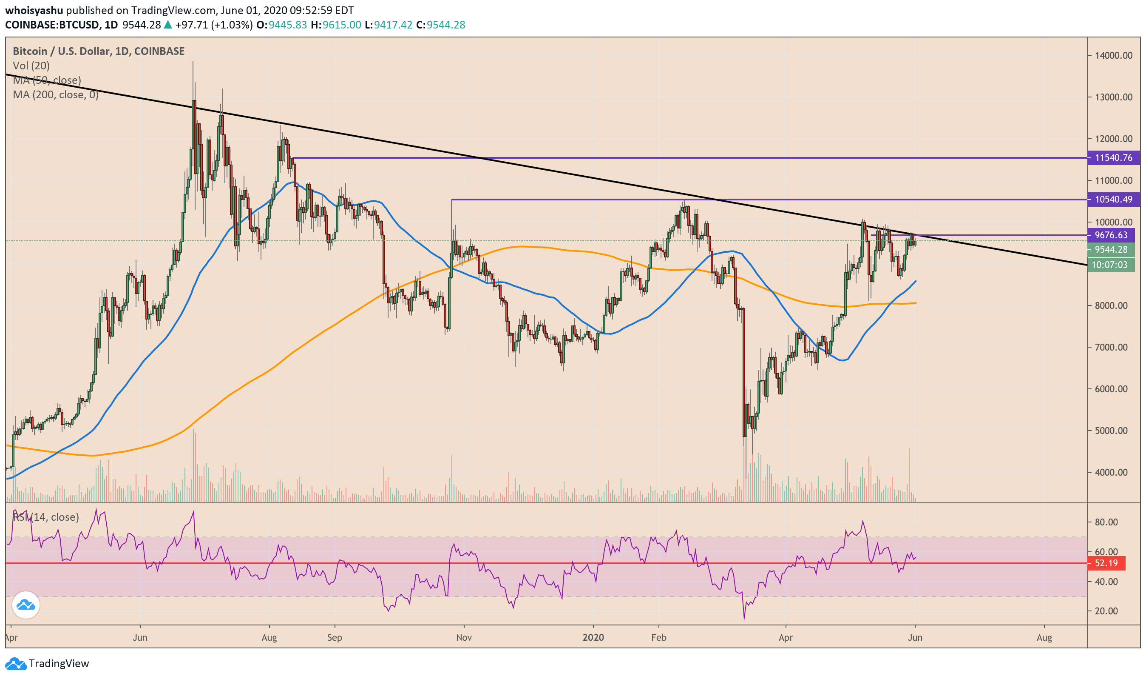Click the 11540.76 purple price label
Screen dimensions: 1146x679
coord(1113,158)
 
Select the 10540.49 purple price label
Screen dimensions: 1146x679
coord(1113,200)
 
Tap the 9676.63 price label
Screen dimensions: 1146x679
coord(1111,235)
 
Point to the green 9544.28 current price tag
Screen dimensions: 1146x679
coord(1111,250)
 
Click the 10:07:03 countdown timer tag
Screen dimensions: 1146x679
coord(1111,265)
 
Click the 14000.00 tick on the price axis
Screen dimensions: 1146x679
coord(1114,55)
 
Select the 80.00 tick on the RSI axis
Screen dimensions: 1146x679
coord(1106,522)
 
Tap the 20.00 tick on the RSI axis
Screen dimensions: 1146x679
coord(1106,611)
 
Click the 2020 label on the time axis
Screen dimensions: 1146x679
coord(593,637)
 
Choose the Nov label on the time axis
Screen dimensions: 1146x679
coord(464,637)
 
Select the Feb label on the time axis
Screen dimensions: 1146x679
coord(659,637)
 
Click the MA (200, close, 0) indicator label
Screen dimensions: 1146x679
coord(56,95)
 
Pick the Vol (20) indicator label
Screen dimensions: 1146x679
coord(31,66)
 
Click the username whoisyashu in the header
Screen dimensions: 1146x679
coord(34,10)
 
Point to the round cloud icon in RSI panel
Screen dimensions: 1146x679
coord(26,605)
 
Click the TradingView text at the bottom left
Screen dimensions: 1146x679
coord(59,663)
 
